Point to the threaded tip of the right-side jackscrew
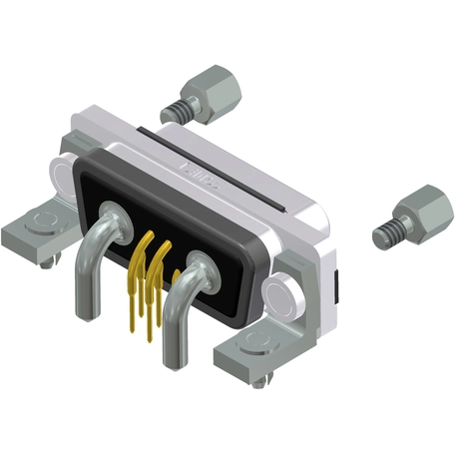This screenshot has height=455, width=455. [x=382, y=236]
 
